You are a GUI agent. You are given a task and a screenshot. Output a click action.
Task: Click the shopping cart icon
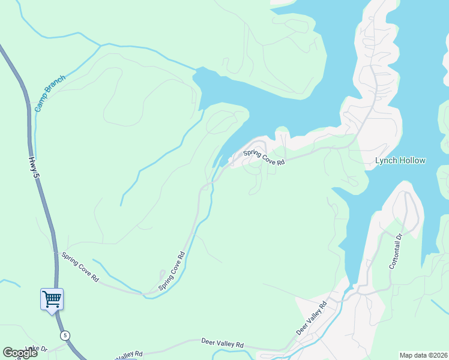pyautogui.click(x=52, y=298)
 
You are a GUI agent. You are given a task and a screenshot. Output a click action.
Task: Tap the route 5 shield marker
pyautogui.click(x=64, y=335)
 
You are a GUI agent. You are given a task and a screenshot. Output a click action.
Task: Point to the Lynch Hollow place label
pyautogui.click(x=400, y=160)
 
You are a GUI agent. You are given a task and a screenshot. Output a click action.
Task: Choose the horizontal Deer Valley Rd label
pyautogui.click(x=223, y=344)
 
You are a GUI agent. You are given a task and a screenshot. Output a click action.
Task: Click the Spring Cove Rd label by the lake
pyautogui.click(x=264, y=157)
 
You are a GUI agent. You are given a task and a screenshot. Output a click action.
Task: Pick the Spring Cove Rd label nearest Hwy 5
pyautogui.click(x=80, y=267)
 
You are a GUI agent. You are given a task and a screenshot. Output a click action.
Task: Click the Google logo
pyautogui.click(x=20, y=353)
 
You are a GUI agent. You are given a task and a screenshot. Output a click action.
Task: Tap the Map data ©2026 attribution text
pyautogui.click(x=423, y=355)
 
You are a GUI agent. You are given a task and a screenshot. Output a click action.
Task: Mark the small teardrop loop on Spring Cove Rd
pyautogui.click(x=162, y=277)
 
